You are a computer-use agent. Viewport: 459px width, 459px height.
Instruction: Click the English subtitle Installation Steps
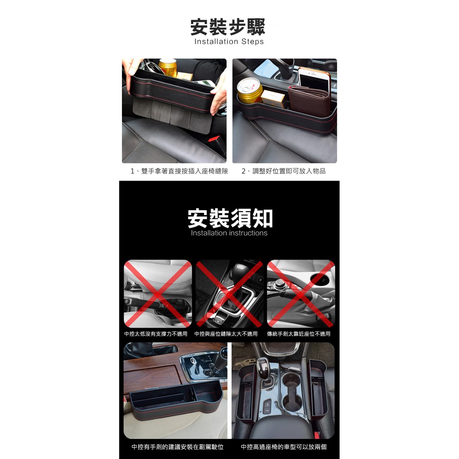229,42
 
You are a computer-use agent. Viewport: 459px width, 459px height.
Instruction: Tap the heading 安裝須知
230,218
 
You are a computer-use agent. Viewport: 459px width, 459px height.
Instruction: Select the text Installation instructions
229,233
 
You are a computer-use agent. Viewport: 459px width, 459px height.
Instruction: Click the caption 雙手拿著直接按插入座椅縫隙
184,171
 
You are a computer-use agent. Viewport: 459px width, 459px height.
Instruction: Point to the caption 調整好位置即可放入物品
289,171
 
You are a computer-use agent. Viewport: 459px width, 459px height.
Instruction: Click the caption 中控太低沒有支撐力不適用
156,334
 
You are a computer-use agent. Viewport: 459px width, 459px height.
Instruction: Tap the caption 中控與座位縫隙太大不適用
226,334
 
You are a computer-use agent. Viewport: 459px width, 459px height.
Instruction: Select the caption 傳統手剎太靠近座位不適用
299,334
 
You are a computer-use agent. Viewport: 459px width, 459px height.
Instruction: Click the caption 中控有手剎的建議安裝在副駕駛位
178,447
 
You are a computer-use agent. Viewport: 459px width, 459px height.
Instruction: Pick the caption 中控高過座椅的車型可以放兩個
284,447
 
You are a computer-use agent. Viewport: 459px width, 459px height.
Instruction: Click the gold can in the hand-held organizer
168,68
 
